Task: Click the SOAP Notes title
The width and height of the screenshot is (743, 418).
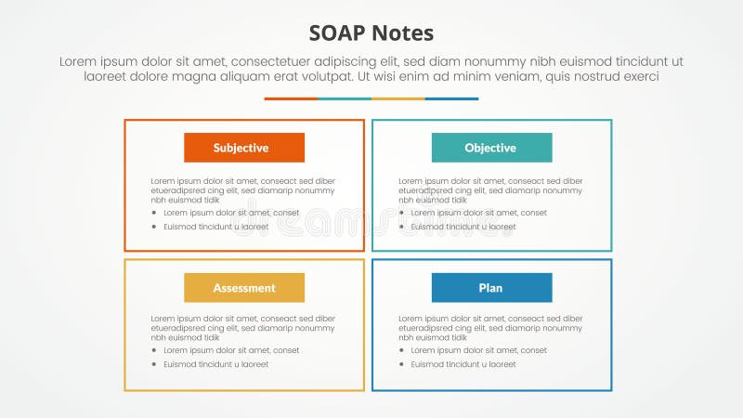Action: click(371, 33)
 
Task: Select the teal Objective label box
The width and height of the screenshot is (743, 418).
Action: click(491, 148)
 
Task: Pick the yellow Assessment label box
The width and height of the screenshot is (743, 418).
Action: click(243, 288)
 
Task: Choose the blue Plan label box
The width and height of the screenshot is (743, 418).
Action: click(491, 288)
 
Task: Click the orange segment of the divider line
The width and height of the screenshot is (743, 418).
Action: click(291, 98)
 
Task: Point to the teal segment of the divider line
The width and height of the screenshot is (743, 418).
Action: click(345, 98)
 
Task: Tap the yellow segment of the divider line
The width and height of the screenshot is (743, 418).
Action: click(398, 98)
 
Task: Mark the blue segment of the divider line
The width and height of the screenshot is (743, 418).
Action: click(452, 98)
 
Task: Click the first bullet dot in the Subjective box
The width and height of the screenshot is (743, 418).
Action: click(154, 213)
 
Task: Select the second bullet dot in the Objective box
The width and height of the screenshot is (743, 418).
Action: click(402, 227)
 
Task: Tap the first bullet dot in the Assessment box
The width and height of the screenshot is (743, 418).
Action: click(154, 350)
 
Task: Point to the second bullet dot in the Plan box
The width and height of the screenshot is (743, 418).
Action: click(402, 364)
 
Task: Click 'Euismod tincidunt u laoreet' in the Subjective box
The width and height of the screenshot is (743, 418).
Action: click(215, 227)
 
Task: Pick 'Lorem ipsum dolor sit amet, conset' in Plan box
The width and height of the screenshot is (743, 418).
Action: click(479, 350)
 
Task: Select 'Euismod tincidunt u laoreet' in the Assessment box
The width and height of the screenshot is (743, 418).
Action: click(215, 364)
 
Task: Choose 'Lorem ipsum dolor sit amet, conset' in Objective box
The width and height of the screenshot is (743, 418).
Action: click(479, 213)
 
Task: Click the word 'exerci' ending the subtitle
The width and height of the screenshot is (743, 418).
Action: click(640, 77)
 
